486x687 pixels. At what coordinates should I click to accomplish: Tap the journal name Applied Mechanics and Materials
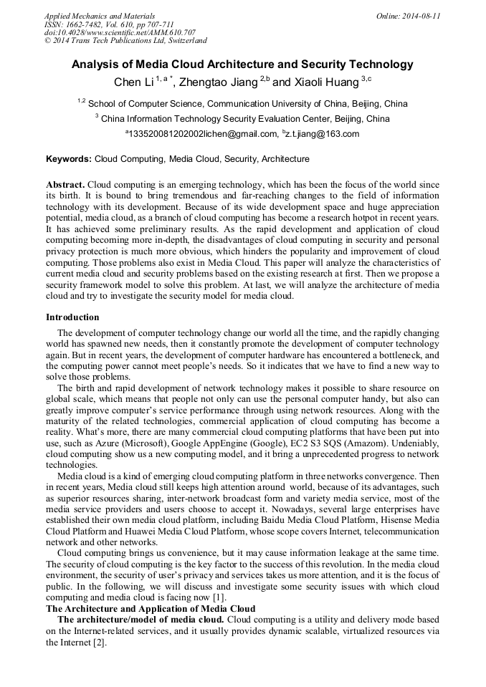coord(100,16)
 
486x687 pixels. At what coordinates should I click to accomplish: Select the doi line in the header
coord(120,32)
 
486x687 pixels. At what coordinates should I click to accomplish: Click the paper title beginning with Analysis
coord(242,64)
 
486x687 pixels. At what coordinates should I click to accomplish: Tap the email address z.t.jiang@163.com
coord(323,134)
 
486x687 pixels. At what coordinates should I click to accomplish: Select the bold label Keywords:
coord(69,159)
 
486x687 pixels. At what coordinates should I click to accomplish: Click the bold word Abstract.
coord(65,184)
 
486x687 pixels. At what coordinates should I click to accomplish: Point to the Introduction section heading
coord(72,317)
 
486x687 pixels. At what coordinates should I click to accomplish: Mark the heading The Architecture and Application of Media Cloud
coord(150,609)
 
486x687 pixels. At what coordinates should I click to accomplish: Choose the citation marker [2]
coord(98,643)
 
